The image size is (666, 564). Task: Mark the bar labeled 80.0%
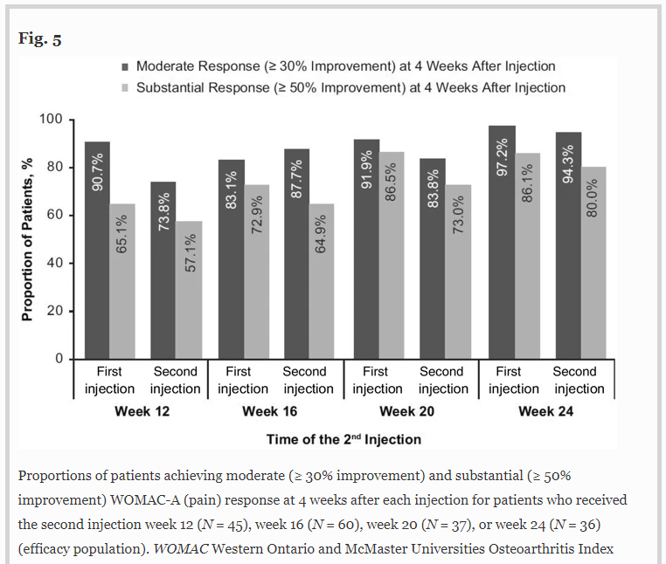(x=593, y=263)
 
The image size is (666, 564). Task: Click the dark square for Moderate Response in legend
(x=125, y=66)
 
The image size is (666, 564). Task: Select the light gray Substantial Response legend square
(x=125, y=87)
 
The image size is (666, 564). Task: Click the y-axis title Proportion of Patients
(x=27, y=238)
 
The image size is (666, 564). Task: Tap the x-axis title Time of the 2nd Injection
(x=343, y=439)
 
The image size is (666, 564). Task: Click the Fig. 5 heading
(x=39, y=39)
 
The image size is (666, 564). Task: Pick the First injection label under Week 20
(x=377, y=380)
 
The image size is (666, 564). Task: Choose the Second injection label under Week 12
(x=176, y=380)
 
